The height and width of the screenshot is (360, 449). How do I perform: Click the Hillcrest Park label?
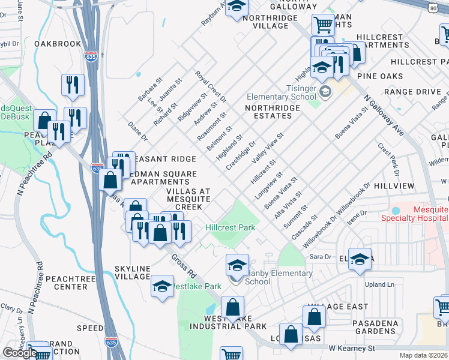pyautogui.click(x=231, y=227)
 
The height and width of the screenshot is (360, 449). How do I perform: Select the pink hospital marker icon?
pyautogui.click(x=395, y=211)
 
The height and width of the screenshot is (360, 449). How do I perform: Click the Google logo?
pyautogui.click(x=20, y=353)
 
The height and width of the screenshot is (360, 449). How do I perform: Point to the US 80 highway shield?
pyautogui.click(x=433, y=6)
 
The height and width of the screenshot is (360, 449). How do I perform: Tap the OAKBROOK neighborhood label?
pyautogui.click(x=58, y=44)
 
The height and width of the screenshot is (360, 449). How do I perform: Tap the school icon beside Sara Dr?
pyautogui.click(x=360, y=260)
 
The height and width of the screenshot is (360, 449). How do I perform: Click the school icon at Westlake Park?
pyautogui.click(x=162, y=287)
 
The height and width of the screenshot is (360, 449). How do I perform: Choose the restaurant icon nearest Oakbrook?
pyautogui.click(x=72, y=85)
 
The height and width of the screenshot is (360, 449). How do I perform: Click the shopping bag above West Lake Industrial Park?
pyautogui.click(x=232, y=308)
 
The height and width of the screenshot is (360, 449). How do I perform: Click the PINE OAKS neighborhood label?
pyautogui.click(x=380, y=76)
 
